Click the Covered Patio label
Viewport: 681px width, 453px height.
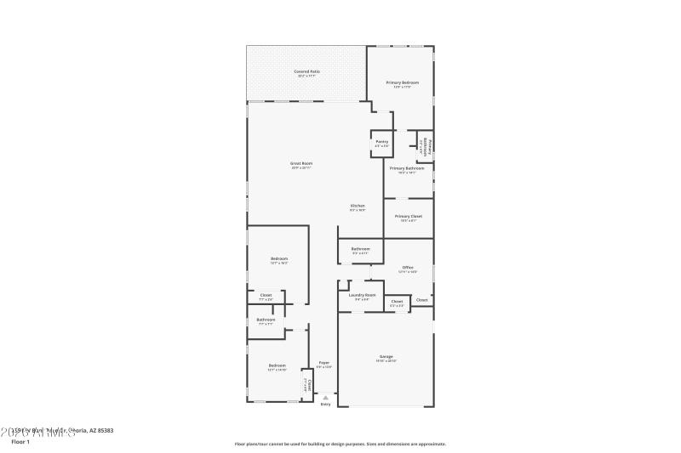point(307,71)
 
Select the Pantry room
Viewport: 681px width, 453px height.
point(381,142)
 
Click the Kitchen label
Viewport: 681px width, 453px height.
point(358,206)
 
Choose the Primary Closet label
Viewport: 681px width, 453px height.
point(409,216)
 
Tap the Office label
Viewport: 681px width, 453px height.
point(408,267)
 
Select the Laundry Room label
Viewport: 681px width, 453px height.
point(362,295)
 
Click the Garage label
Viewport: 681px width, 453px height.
point(386,356)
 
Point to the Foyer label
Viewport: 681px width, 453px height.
point(324,363)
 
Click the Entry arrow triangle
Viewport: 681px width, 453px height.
point(325,397)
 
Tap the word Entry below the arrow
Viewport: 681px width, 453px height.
point(325,404)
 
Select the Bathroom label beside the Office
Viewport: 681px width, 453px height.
point(360,248)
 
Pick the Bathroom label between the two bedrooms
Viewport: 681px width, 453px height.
point(266,320)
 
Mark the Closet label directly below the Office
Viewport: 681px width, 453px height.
point(397,301)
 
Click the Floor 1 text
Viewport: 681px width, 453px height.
point(20,441)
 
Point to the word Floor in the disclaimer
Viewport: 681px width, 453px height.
point(242,444)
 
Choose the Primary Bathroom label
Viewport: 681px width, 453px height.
point(407,168)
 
